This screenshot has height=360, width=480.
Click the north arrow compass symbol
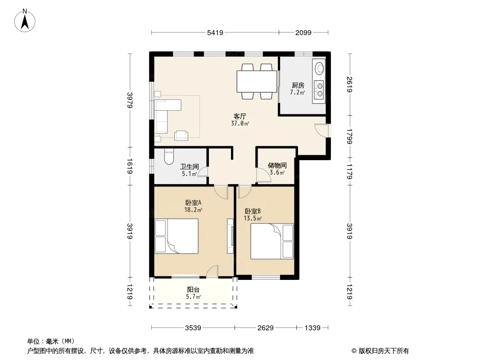point(25,21)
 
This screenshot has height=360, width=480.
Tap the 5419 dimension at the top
point(215,32)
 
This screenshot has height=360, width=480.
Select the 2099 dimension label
point(303,32)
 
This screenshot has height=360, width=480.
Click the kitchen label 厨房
point(298,85)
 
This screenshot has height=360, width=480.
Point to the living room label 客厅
point(240,116)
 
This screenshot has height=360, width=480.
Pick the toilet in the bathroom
point(169,156)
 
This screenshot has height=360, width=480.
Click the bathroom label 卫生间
point(190,166)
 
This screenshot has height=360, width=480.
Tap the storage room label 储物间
point(277,166)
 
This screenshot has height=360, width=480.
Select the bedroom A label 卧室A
point(193,202)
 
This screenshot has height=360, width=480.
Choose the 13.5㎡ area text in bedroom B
point(253,218)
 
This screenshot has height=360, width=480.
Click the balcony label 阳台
point(193,289)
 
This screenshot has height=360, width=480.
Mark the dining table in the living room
point(257,81)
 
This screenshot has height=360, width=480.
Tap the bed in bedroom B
point(272,241)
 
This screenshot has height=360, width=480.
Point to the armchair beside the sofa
point(181,135)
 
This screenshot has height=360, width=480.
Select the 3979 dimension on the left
point(130,100)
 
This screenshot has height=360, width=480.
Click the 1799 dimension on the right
point(349,136)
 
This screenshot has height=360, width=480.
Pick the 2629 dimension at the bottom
point(265,328)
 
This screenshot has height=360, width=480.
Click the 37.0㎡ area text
point(240,124)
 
